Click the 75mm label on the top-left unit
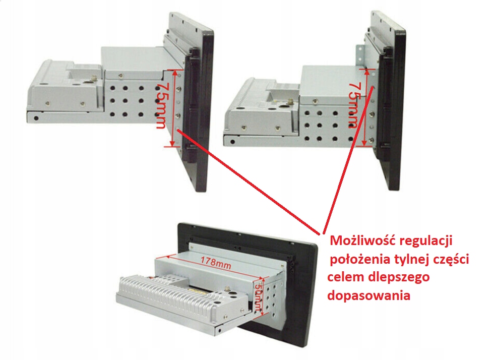coord(161,105)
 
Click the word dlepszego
coord(399,278)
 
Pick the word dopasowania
coord(369,296)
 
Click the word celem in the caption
coord(346,277)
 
